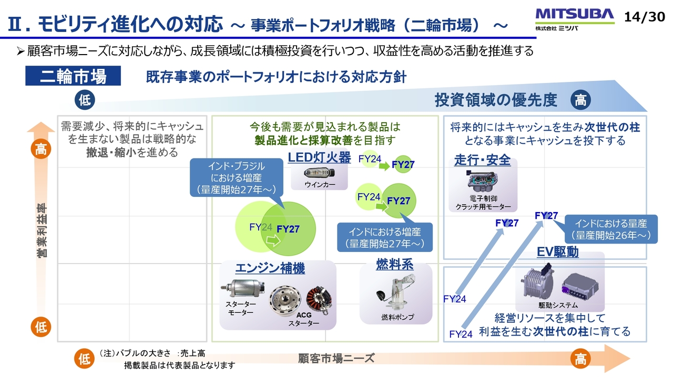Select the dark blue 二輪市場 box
coord(73,77)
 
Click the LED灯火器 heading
coord(319,157)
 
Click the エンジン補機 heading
coord(270,269)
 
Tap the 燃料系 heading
coord(395,265)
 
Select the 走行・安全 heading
coord(482,160)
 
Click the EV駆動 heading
coord(558,252)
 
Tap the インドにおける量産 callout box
coord(610,229)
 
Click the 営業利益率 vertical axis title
coord(41,230)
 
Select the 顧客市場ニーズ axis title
coord(336,358)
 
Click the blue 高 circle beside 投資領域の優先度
coord(580,100)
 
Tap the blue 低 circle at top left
coord(85,100)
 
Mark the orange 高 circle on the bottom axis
coord(580,359)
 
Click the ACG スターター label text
coord(303,319)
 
